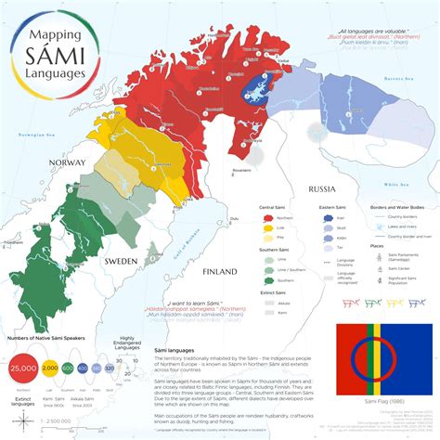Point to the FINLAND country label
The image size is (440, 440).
[x=221, y=271]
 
